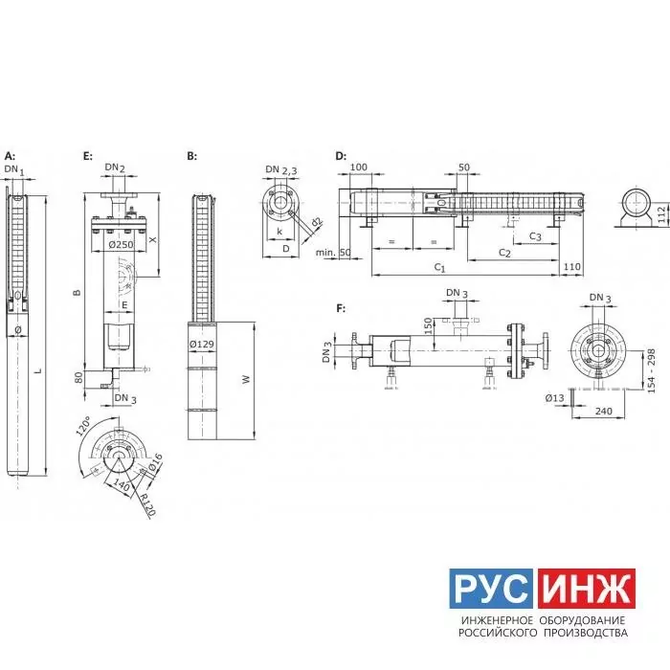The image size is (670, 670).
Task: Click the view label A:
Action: (x=10, y=155)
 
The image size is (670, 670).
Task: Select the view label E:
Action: (x=88, y=156)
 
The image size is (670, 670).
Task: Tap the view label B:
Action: (x=191, y=156)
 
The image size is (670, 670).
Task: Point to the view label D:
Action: (x=341, y=156)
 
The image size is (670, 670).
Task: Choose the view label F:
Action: (x=341, y=308)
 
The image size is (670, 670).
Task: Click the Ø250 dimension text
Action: (x=121, y=245)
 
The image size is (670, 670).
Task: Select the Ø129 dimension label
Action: (x=202, y=344)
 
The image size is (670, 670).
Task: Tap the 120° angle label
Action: (x=84, y=427)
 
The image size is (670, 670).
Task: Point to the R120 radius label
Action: (x=147, y=504)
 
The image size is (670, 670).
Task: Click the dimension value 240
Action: (x=603, y=411)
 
